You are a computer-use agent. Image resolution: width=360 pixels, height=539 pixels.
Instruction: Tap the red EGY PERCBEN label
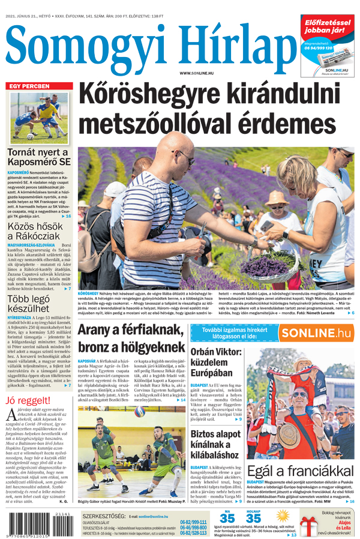pos(29,86)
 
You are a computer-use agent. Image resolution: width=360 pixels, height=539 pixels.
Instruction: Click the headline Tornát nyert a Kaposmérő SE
pos(39,157)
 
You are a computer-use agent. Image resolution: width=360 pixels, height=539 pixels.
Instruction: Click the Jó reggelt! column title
pos(29,401)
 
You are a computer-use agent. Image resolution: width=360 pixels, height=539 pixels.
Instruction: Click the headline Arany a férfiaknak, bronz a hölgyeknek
pos(130,339)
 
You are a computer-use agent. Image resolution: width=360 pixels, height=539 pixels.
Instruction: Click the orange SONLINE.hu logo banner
pos(316,333)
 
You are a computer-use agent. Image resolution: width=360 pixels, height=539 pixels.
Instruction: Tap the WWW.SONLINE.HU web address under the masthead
pos(196,73)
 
